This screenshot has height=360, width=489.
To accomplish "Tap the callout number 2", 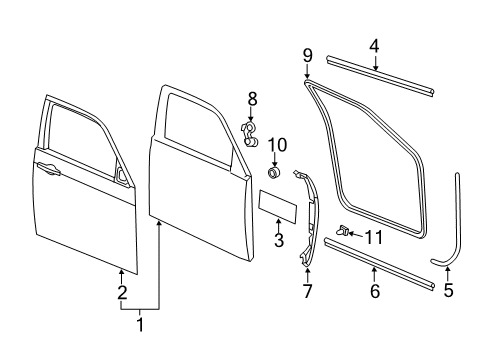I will [122, 293].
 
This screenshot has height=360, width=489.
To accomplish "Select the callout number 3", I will [280, 241].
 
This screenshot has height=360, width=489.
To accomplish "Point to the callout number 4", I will [374, 45].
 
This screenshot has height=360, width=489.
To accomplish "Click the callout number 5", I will [448, 292].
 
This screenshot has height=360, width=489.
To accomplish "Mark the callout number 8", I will [252, 98].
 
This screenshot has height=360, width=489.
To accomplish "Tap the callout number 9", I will [308, 54].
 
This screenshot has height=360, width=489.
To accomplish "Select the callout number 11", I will [373, 236].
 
